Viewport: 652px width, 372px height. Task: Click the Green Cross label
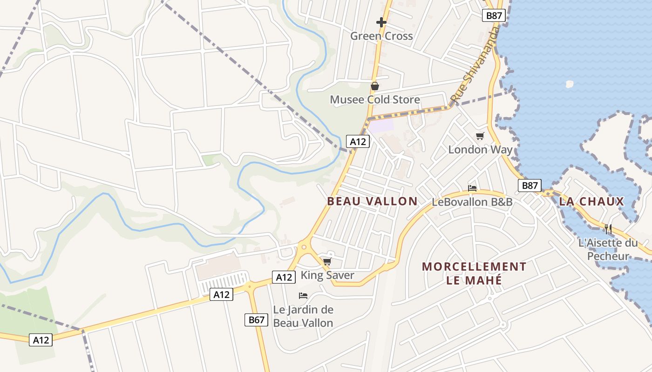[x=381, y=36]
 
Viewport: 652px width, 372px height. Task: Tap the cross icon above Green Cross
[x=381, y=22]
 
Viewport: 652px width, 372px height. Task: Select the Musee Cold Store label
[x=375, y=100]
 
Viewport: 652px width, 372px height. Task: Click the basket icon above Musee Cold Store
[x=374, y=86]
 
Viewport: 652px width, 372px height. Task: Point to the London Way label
[x=480, y=149]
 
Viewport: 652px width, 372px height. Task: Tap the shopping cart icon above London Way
[x=480, y=136]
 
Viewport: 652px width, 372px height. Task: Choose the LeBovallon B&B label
[x=472, y=202]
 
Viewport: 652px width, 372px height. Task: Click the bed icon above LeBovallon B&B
[x=472, y=188]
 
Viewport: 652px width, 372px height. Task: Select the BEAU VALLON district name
[x=372, y=201]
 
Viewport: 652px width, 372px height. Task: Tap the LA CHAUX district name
[x=591, y=201]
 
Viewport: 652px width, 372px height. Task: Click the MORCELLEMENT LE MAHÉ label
[x=474, y=273]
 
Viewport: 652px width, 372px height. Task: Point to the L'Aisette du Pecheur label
[x=608, y=249]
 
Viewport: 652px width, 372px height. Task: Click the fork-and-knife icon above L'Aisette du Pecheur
[x=608, y=229]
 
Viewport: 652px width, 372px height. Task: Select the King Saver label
[x=327, y=275]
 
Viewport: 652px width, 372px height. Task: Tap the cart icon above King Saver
[x=327, y=262]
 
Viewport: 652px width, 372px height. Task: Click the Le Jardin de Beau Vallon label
[x=303, y=316]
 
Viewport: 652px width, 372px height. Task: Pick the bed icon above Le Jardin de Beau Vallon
[x=303, y=296]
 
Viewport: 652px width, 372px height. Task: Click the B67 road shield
[x=256, y=319]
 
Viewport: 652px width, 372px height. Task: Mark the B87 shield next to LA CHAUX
[x=530, y=186]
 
